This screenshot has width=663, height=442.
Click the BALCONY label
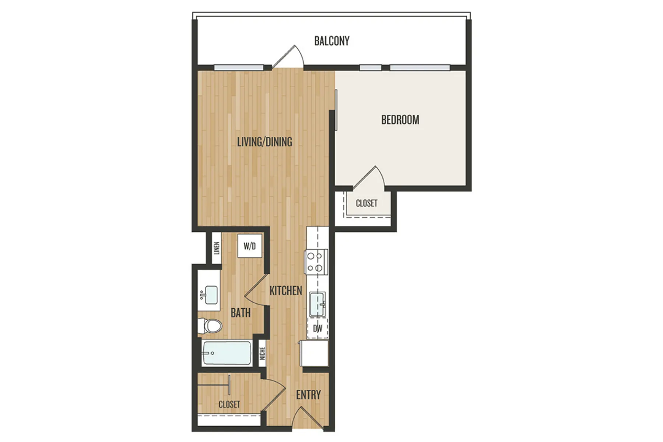[331, 41]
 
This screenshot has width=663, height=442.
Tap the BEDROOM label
[400, 120]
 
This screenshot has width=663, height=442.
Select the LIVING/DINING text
[264, 141]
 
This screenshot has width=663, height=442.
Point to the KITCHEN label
[285, 291]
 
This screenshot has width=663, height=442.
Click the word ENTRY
[308, 395]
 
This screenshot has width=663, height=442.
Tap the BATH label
[241, 313]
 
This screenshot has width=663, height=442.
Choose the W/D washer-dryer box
[250, 246]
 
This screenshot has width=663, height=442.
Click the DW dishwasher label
[318, 329]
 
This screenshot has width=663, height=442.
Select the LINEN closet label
[217, 248]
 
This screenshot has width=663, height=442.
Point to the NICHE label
[262, 354]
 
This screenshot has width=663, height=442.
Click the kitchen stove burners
[316, 262]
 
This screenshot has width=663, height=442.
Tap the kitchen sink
[317, 304]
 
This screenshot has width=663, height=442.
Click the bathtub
[227, 353]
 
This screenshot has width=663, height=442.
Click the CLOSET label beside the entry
[229, 404]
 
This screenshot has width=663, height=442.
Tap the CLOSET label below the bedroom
[366, 203]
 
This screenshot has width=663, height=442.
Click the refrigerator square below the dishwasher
[314, 353]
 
